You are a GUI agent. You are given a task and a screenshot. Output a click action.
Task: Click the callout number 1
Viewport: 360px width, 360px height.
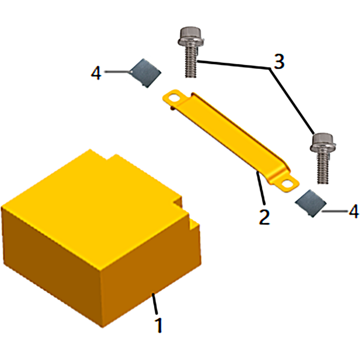click(159, 324)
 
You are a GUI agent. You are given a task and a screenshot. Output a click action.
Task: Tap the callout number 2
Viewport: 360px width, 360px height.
click(264, 217)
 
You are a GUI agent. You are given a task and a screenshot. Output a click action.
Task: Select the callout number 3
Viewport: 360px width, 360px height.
click(279, 62)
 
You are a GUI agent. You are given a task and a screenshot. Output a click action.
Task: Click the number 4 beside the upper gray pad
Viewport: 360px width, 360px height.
click(96, 73)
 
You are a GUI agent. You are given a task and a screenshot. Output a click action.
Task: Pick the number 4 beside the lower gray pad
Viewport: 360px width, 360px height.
click(354, 211)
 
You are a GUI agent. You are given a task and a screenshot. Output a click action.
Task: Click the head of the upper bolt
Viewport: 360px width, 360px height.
click(190, 37)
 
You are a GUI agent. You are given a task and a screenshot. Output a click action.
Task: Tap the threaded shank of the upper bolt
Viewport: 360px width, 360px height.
click(190, 62)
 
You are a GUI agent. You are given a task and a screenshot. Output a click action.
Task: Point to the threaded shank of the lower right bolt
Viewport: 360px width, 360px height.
click(323, 169)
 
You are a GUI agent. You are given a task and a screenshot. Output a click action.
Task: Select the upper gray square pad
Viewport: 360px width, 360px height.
click(145, 73)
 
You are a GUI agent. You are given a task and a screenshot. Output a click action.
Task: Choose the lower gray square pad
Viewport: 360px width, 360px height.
click(310, 203)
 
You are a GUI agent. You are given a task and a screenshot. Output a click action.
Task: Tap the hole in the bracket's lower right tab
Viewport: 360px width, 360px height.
click(287, 184)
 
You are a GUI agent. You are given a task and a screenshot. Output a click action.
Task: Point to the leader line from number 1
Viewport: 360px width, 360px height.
click(154, 303)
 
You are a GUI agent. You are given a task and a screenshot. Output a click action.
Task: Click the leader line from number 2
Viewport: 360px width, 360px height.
click(261, 188)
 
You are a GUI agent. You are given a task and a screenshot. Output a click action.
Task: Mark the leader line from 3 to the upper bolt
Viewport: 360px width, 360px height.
click(234, 64)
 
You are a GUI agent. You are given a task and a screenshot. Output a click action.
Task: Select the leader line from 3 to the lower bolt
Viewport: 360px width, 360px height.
click(292, 101)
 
